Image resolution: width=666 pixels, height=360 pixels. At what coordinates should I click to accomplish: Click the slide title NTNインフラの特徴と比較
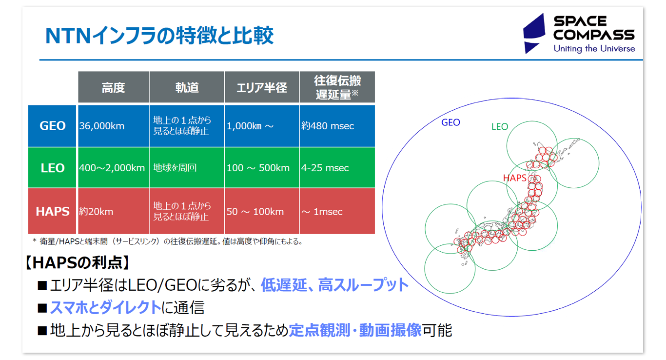(x=159, y=37)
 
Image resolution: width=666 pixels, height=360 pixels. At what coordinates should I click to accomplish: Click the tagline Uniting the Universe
(x=594, y=49)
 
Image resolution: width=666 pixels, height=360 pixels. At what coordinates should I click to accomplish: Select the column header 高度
(x=113, y=88)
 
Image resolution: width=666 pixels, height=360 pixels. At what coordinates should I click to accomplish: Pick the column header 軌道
(x=187, y=88)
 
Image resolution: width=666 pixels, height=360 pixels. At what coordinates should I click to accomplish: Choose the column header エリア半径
(x=261, y=88)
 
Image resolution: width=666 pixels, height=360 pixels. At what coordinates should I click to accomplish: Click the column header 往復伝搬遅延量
(x=337, y=88)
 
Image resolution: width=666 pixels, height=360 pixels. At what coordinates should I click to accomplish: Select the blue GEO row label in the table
(x=52, y=126)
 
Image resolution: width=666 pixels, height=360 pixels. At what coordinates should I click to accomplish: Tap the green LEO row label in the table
(x=52, y=168)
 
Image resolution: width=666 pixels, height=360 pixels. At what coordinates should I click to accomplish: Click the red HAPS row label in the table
(x=52, y=212)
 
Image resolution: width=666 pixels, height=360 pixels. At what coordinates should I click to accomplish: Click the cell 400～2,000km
(x=112, y=168)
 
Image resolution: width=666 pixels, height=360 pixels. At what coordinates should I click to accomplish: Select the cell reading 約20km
(x=97, y=212)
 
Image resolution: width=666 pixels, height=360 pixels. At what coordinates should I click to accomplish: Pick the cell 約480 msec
(x=328, y=126)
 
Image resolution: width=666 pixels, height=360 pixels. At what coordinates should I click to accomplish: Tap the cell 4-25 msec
(x=325, y=168)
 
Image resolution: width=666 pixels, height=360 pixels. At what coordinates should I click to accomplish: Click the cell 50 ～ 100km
(x=255, y=212)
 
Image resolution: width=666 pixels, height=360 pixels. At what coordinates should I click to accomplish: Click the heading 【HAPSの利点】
(x=78, y=263)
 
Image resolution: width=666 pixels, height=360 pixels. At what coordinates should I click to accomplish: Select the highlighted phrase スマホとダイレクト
(x=105, y=308)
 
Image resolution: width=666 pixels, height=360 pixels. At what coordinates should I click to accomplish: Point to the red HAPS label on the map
(x=514, y=178)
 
